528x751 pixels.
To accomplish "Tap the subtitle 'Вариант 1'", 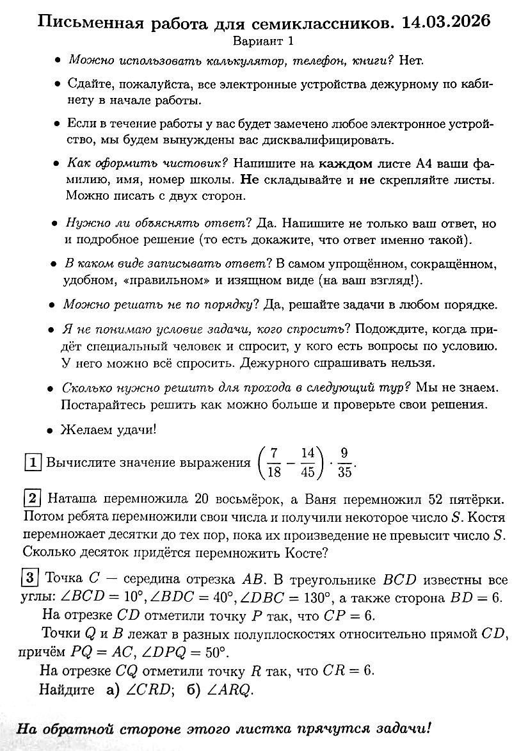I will (263, 42).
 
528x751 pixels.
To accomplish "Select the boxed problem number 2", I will (33, 497).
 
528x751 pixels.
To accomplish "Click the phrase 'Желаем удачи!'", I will (108, 429).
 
